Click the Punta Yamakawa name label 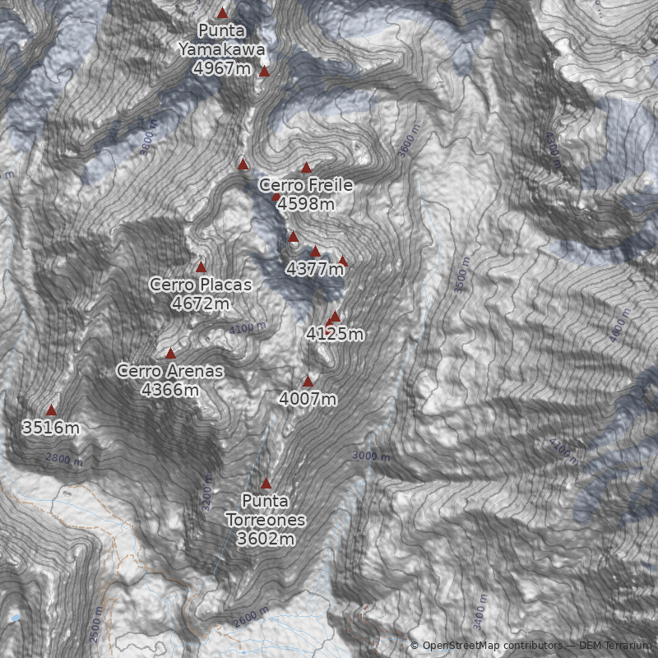click(x=222, y=40)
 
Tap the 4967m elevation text click(x=222, y=67)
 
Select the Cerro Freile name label click(x=306, y=185)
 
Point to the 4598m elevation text click(x=306, y=203)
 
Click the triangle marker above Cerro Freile click(x=307, y=168)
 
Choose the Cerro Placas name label click(x=201, y=285)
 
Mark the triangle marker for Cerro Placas click(x=201, y=267)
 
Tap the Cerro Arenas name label click(x=170, y=371)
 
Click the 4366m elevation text click(x=170, y=389)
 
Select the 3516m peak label click(x=51, y=427)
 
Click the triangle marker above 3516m click(x=51, y=410)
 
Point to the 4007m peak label click(x=308, y=399)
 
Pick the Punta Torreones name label click(x=266, y=511)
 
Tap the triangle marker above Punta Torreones click(x=266, y=484)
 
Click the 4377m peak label click(x=315, y=268)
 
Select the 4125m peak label click(x=334, y=334)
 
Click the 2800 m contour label click(x=64, y=459)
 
